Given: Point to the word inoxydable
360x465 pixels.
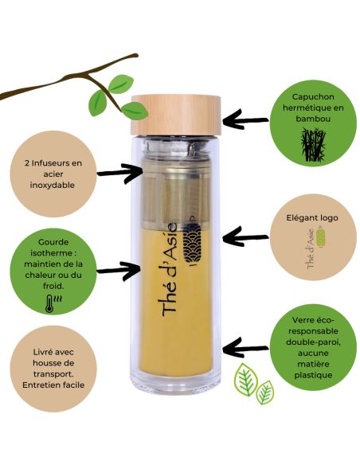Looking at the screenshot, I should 53,186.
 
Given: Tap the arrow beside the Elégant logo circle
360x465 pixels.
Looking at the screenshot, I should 244,236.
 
